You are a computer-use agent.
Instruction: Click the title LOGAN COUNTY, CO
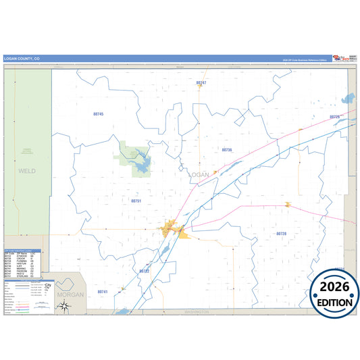(22, 59)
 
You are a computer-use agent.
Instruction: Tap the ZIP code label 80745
(98, 114)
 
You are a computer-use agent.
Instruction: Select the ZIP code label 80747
(201, 82)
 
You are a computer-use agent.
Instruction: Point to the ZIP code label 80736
(226, 149)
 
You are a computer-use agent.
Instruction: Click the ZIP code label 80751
(136, 201)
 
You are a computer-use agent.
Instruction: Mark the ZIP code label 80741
(102, 292)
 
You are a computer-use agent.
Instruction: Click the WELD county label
(27, 172)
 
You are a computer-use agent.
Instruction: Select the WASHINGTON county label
(198, 313)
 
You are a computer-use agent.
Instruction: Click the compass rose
(63, 307)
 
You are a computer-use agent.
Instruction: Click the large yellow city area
(170, 229)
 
